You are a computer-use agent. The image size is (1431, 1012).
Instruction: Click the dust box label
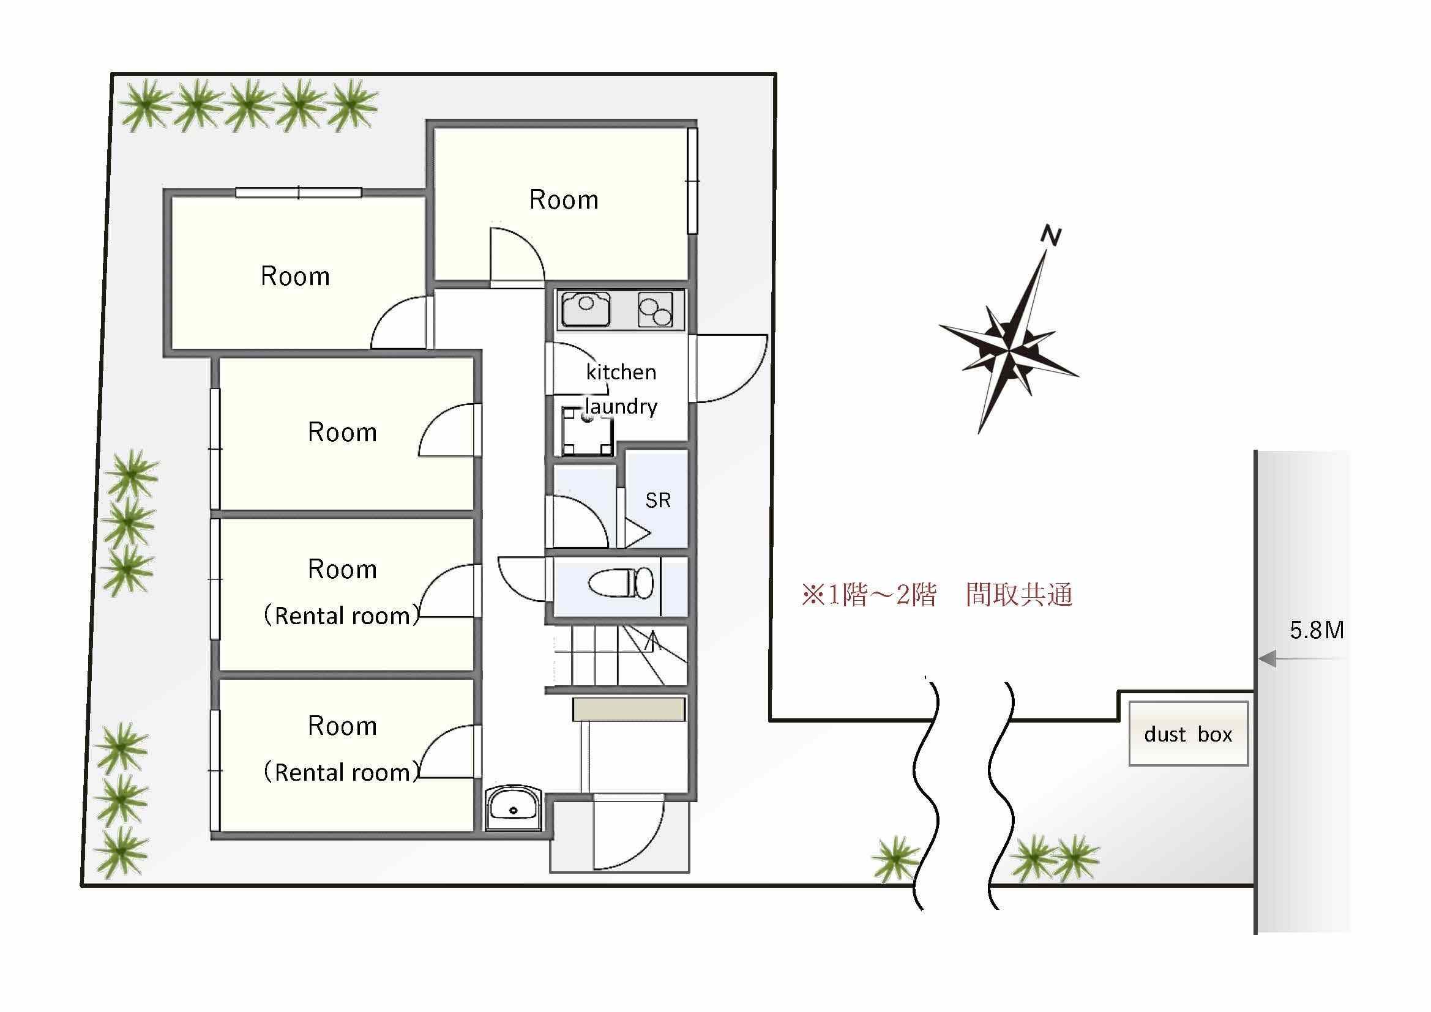tap(1188, 734)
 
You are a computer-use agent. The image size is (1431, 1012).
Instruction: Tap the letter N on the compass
tap(1052, 236)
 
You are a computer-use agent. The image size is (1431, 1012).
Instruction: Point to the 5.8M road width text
tap(1317, 630)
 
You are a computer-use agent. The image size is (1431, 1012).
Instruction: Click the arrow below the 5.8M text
tap(1301, 658)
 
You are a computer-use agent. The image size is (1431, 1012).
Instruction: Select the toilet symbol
tap(621, 582)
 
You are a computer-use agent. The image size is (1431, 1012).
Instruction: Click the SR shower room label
tap(658, 500)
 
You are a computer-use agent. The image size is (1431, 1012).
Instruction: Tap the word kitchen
tap(621, 372)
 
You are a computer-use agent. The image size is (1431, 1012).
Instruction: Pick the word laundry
tap(621, 406)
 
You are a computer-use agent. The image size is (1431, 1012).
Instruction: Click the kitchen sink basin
tap(586, 308)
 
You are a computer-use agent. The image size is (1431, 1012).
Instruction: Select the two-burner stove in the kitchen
tap(655, 309)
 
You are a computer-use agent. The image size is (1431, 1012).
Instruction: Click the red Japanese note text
tap(936, 595)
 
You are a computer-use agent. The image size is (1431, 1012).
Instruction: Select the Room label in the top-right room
tap(564, 199)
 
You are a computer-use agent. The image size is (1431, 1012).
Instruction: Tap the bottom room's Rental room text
tap(342, 772)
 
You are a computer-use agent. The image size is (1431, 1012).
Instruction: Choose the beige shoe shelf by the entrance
tap(629, 710)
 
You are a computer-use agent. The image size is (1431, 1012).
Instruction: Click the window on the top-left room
tap(299, 193)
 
